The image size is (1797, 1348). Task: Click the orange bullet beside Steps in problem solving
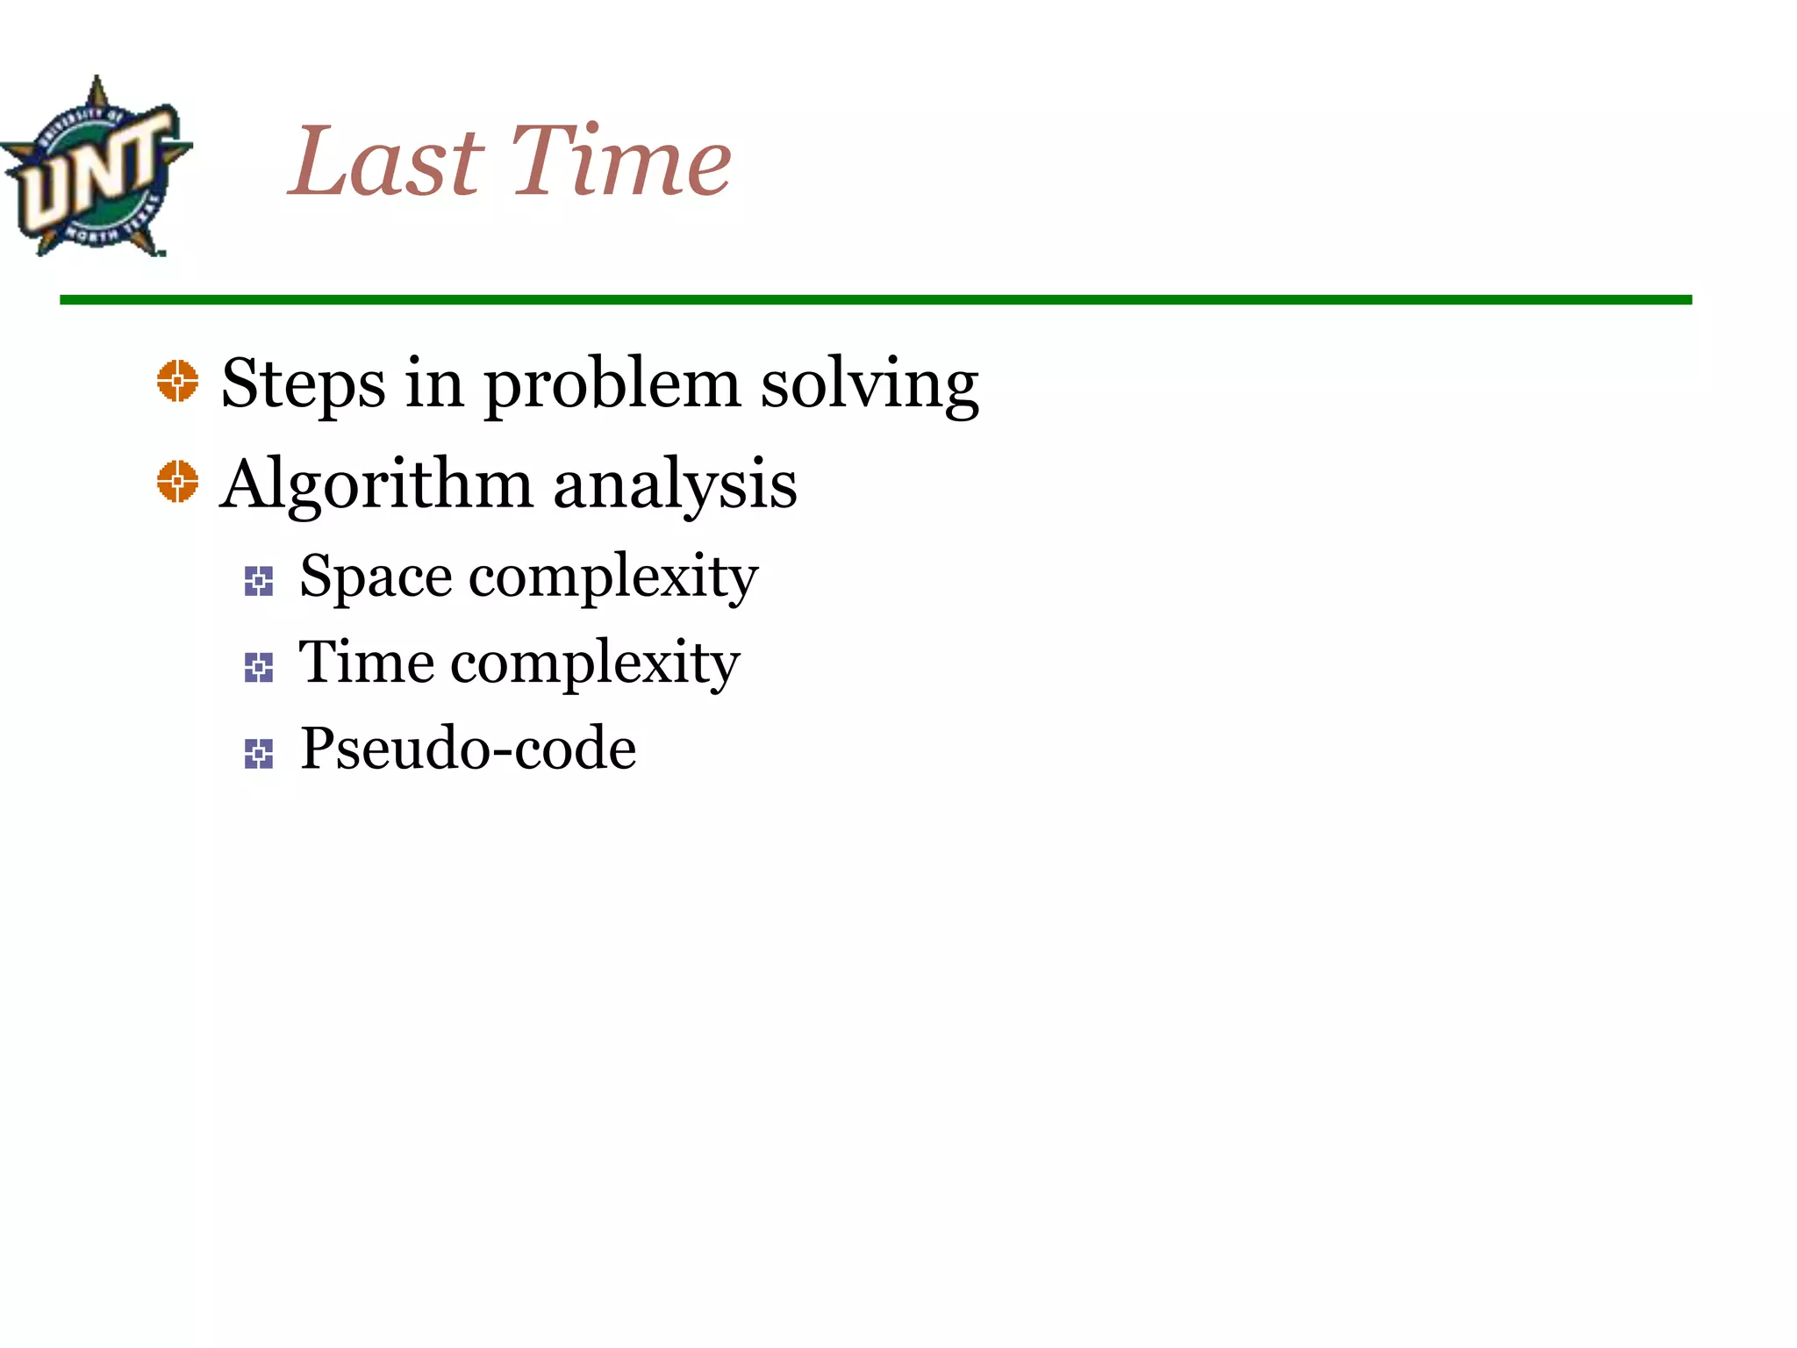(x=178, y=382)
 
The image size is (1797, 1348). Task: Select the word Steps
(x=303, y=384)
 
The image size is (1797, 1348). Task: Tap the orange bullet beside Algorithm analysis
(x=178, y=482)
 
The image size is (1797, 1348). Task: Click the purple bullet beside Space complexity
(x=259, y=581)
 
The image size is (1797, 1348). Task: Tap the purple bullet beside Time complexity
(x=259, y=667)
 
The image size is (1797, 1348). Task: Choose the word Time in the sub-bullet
(x=366, y=663)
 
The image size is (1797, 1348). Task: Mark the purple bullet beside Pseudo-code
(x=259, y=753)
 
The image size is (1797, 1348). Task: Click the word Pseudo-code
(x=469, y=749)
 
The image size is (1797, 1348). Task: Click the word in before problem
(x=433, y=384)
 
